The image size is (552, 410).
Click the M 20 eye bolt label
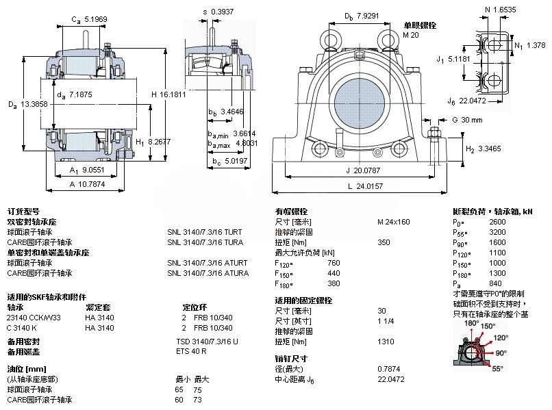pyautogui.click(x=410, y=35)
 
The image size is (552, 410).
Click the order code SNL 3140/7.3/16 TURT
pyautogui.click(x=204, y=232)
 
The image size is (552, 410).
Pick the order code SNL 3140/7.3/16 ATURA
pyautogui.click(x=206, y=273)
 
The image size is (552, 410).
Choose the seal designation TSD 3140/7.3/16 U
pyautogui.click(x=207, y=341)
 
